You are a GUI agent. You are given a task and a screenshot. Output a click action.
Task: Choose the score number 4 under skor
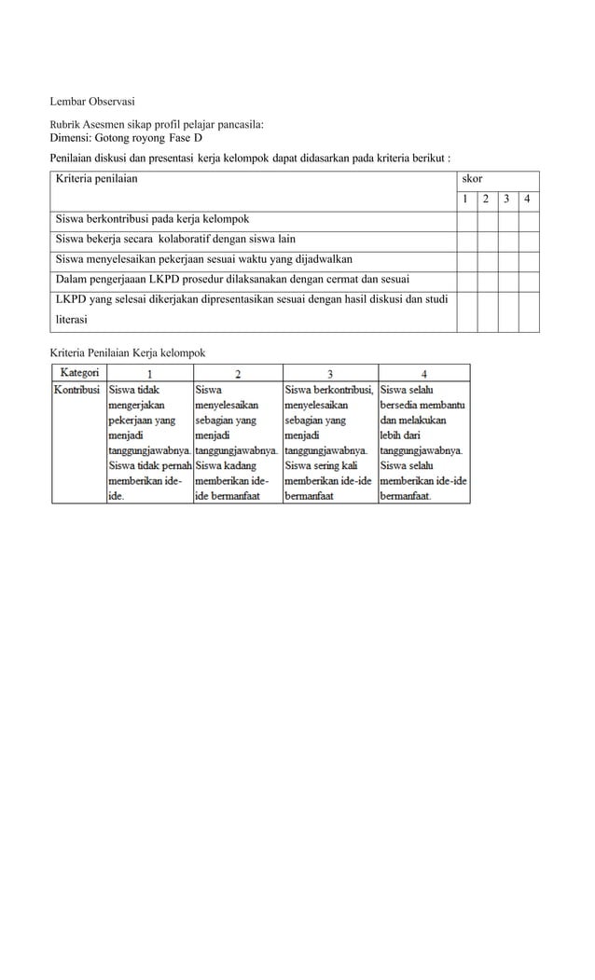click(x=528, y=199)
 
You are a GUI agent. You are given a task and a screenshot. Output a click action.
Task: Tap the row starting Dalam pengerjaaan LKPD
click(x=223, y=279)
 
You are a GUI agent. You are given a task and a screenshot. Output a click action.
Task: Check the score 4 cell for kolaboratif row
click(x=528, y=239)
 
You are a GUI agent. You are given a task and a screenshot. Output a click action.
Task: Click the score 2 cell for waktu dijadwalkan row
click(x=487, y=259)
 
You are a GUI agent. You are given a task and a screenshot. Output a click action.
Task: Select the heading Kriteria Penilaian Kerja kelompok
click(x=127, y=352)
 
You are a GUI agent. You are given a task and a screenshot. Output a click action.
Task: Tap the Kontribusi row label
click(x=77, y=390)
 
